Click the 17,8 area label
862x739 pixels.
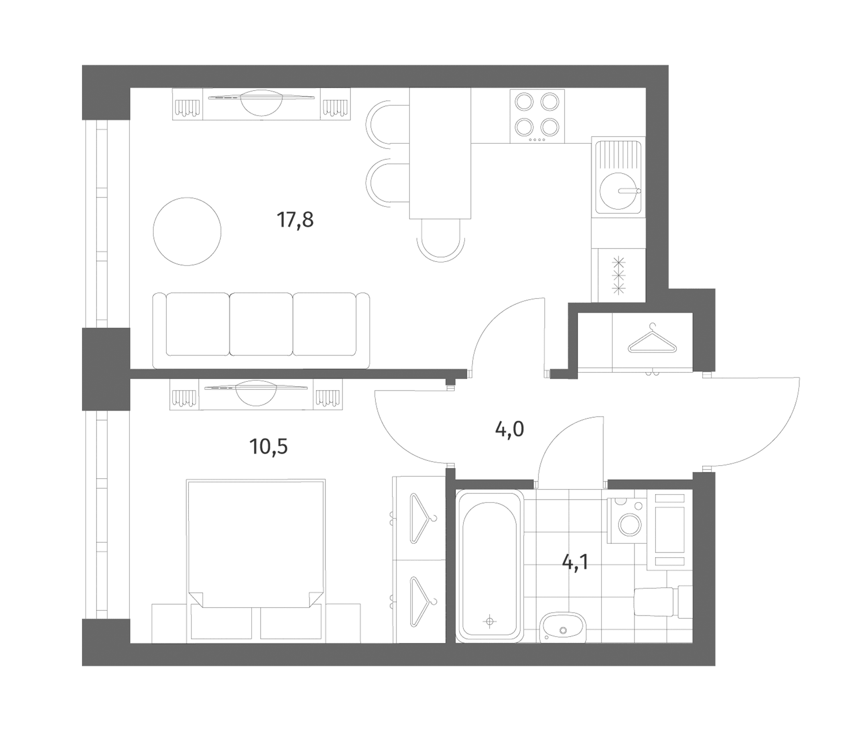coord(295,220)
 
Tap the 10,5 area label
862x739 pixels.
coord(269,447)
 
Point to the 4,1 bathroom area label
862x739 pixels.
coord(575,563)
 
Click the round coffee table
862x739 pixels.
coord(187,232)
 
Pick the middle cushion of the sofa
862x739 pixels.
coord(261,324)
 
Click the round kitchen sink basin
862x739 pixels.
coord(619,191)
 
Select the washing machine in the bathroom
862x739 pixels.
coord(628,521)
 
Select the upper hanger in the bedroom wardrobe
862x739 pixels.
coord(422,518)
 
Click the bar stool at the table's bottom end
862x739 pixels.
coord(440,241)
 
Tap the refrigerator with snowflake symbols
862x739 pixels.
coord(619,275)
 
